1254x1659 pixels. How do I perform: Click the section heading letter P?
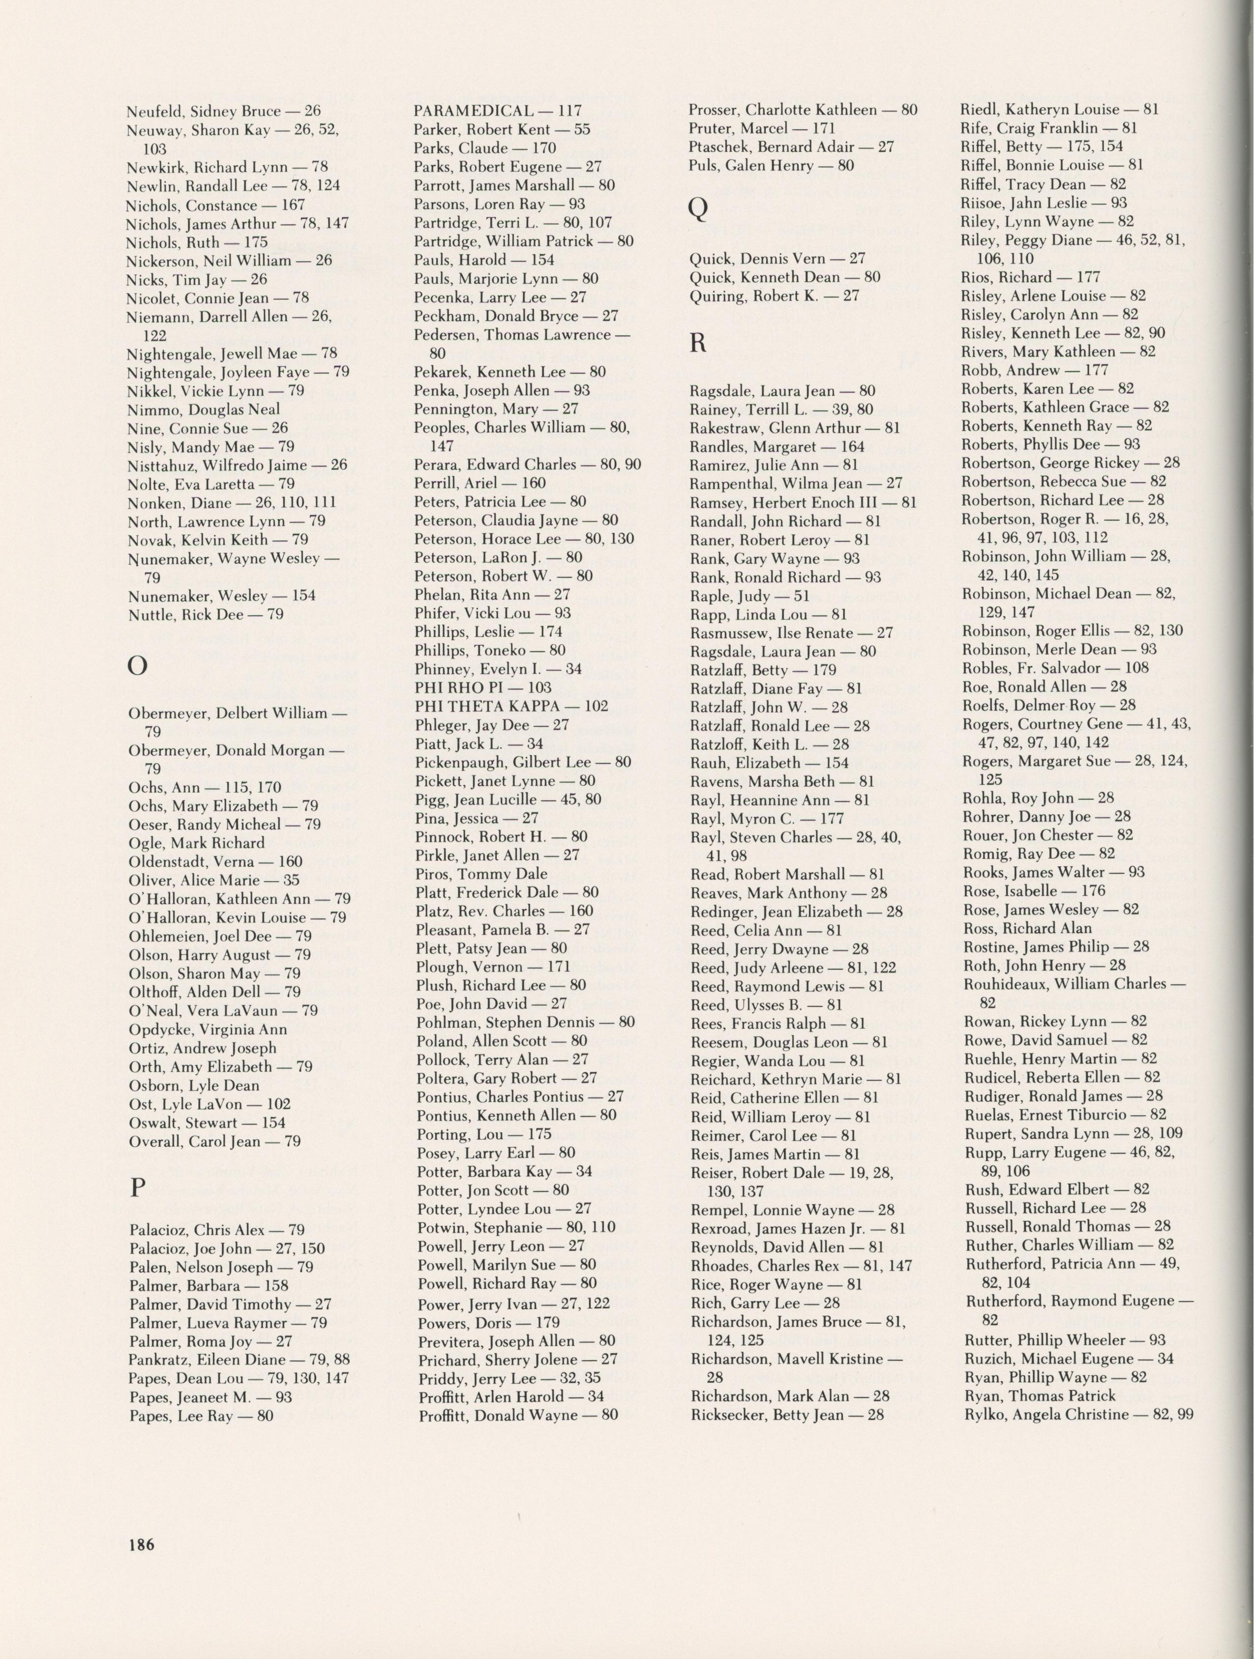pyautogui.click(x=137, y=1189)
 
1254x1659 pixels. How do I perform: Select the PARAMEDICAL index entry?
pyautogui.click(x=499, y=111)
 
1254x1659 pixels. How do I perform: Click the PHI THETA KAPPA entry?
pyautogui.click(x=511, y=706)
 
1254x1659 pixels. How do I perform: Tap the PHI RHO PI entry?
pyautogui.click(x=483, y=687)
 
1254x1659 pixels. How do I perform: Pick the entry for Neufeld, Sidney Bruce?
pyautogui.click(x=223, y=112)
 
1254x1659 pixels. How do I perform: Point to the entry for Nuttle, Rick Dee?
pyautogui.click(x=205, y=614)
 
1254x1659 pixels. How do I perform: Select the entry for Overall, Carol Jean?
pyautogui.click(x=214, y=1142)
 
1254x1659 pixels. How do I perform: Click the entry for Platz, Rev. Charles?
pyautogui.click(x=505, y=911)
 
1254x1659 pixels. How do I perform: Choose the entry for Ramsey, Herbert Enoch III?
pyautogui.click(x=803, y=503)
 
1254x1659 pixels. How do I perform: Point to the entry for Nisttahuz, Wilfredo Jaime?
pyautogui.click(x=237, y=465)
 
